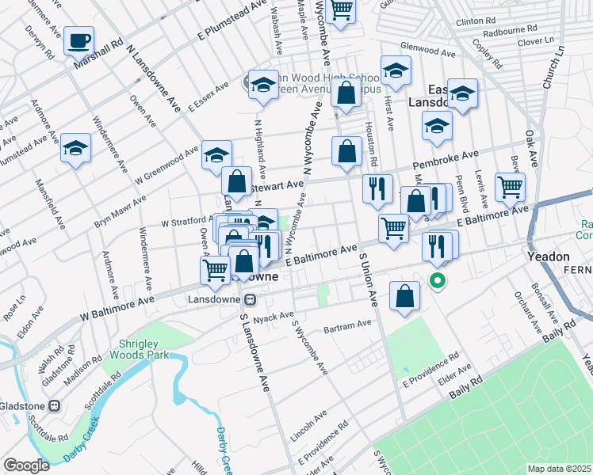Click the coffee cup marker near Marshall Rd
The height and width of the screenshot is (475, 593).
tap(78, 40)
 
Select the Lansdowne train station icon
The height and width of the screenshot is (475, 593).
tap(250, 300)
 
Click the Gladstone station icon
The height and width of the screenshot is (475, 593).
tap(55, 406)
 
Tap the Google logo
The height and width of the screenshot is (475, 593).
tap(26, 465)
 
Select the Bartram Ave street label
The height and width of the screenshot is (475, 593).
tap(348, 325)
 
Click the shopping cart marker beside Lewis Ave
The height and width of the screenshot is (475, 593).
tap(511, 187)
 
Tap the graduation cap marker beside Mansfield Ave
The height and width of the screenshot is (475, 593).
tap(76, 148)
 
